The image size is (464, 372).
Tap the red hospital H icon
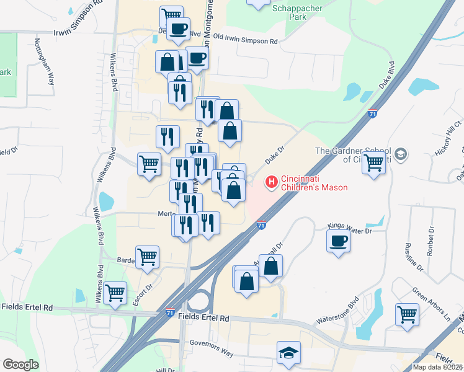(271, 182)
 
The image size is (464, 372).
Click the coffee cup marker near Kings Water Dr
(338, 241)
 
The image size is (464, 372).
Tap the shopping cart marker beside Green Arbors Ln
(407, 314)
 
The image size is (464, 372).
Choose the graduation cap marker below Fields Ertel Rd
(288, 352)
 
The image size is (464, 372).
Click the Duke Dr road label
(274, 155)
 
